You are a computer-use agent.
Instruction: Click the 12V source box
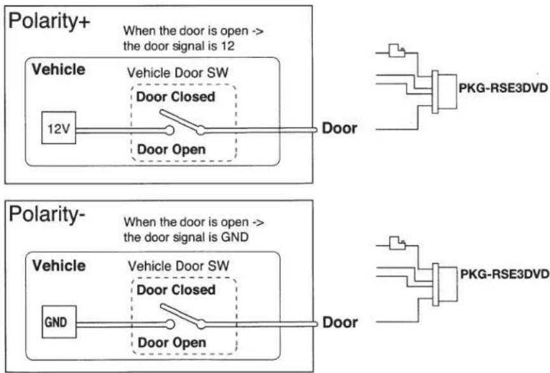(x=58, y=128)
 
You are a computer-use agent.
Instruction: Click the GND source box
(x=59, y=322)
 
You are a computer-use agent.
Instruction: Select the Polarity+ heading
(x=49, y=22)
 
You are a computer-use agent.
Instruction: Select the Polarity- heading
(x=46, y=215)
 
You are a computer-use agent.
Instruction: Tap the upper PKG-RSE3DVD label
(x=503, y=88)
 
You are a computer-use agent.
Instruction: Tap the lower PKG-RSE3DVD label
(x=504, y=274)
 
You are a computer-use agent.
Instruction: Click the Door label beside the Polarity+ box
(x=339, y=128)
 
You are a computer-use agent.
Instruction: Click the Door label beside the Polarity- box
(x=340, y=322)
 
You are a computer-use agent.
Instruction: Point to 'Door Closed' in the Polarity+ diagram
(x=175, y=97)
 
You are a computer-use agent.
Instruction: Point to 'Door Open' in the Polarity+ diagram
(x=171, y=150)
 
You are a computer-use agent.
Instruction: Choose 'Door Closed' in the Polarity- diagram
(x=176, y=290)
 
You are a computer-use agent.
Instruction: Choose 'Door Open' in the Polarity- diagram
(x=172, y=343)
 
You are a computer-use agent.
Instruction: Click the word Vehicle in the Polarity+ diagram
(x=58, y=69)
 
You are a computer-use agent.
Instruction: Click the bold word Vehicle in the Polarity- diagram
(x=59, y=266)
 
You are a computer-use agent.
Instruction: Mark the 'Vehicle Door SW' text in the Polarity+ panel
(x=177, y=73)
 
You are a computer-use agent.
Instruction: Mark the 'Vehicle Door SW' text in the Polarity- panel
(x=179, y=266)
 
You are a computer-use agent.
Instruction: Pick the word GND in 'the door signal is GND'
(x=235, y=237)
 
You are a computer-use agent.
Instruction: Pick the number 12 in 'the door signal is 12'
(x=228, y=46)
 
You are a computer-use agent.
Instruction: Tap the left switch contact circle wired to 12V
(x=169, y=130)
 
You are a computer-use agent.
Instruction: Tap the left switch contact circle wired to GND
(x=170, y=324)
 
